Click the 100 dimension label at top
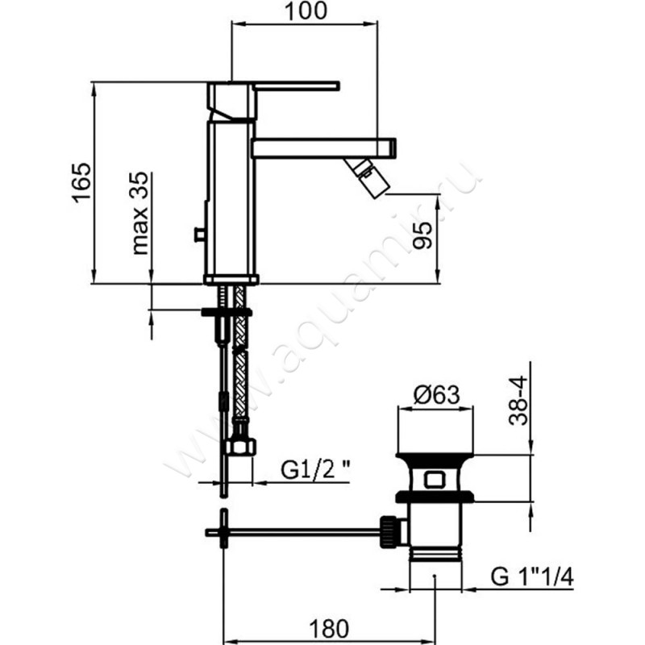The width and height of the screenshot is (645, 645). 306,11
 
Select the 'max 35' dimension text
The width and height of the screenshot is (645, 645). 139,213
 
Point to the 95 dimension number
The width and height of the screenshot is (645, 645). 422,235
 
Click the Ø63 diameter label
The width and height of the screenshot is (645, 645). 436,395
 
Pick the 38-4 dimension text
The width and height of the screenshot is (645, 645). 518,400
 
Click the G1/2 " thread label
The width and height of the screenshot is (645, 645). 315,469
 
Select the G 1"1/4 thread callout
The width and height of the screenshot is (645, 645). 532,576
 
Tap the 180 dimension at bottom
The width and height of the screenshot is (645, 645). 329,629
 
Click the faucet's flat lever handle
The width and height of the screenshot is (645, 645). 297,85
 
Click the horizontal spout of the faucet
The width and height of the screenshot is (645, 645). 324,148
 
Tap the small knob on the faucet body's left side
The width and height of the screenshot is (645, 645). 199,235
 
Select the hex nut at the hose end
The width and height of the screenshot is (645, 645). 240,447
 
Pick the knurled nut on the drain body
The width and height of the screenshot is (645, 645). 389,532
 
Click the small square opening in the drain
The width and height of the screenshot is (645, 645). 434,480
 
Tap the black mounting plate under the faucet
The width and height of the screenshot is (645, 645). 227,312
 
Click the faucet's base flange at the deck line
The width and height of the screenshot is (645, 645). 231,280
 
